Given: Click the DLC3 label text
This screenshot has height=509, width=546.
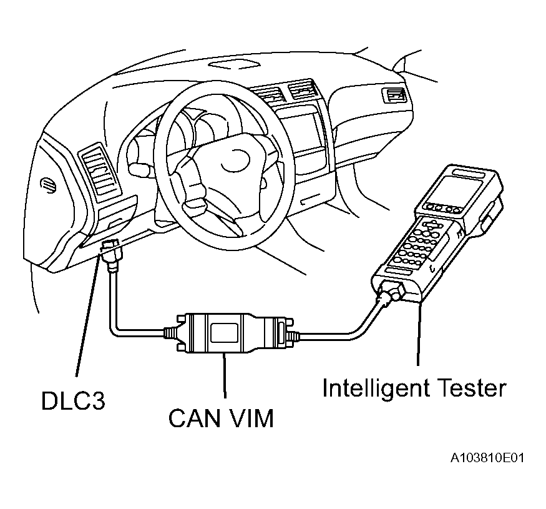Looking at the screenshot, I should pyautogui.click(x=73, y=400).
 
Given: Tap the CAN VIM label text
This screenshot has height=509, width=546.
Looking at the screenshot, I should pyautogui.click(x=221, y=418).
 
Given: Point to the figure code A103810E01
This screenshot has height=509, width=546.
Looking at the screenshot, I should pyautogui.click(x=487, y=458).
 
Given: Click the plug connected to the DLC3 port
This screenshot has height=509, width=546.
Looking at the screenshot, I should pyautogui.click(x=113, y=256).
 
